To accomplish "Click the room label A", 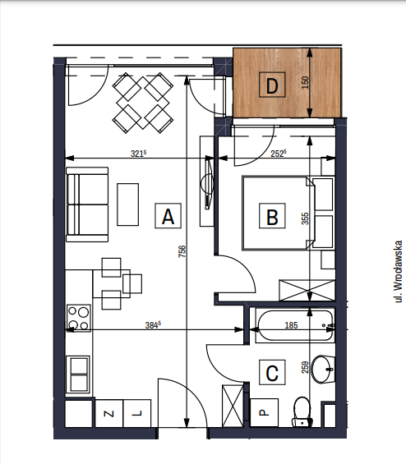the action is pyautogui.click(x=168, y=216).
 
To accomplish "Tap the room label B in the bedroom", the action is pyautogui.click(x=272, y=216).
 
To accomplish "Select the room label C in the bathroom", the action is pyautogui.click(x=272, y=372).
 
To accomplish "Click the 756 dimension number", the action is pyautogui.click(x=182, y=251).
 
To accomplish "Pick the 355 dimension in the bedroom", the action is pyautogui.click(x=305, y=218).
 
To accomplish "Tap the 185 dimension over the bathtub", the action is pyautogui.click(x=291, y=325).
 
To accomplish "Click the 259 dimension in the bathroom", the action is pyautogui.click(x=305, y=367).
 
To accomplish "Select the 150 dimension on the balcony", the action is pyautogui.click(x=305, y=83).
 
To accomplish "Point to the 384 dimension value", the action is pyautogui.click(x=153, y=325).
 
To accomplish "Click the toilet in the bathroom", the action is pyautogui.click(x=302, y=412).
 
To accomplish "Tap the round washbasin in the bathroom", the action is pyautogui.click(x=323, y=370).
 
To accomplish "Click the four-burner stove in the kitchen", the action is pyautogui.click(x=78, y=318).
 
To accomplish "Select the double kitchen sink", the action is pyautogui.click(x=78, y=374).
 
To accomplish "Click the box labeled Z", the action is pyautogui.click(x=109, y=413).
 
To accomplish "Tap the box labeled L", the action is pyautogui.click(x=136, y=413).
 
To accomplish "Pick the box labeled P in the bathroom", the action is pyautogui.click(x=264, y=412).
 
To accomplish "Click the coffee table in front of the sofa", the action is pyautogui.click(x=128, y=204).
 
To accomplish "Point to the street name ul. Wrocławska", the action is pyautogui.click(x=399, y=271).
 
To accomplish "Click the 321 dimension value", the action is pyautogui.click(x=139, y=154).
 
